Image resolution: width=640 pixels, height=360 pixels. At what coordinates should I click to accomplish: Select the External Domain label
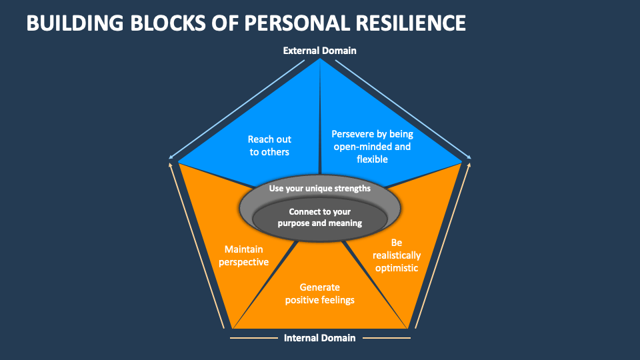pos(319,51)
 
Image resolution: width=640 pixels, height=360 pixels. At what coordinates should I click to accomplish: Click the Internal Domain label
pos(319,338)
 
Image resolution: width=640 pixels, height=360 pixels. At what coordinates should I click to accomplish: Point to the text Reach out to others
pos(269,145)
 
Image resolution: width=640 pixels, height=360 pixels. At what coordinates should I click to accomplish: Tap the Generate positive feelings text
pos(319,293)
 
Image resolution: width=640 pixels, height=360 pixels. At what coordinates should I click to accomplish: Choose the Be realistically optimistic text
pos(396,255)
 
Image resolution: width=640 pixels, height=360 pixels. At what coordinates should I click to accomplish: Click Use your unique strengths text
pos(319,189)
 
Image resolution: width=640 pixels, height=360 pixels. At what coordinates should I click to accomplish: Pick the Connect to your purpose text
pos(319,217)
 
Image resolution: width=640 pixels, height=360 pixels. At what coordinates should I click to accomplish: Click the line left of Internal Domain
pos(253,338)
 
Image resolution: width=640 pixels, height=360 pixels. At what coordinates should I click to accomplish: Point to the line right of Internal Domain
pos(386,338)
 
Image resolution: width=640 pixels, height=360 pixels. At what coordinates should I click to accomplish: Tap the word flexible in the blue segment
pos(371,159)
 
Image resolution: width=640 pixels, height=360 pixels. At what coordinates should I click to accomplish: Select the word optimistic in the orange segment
pos(396,268)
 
